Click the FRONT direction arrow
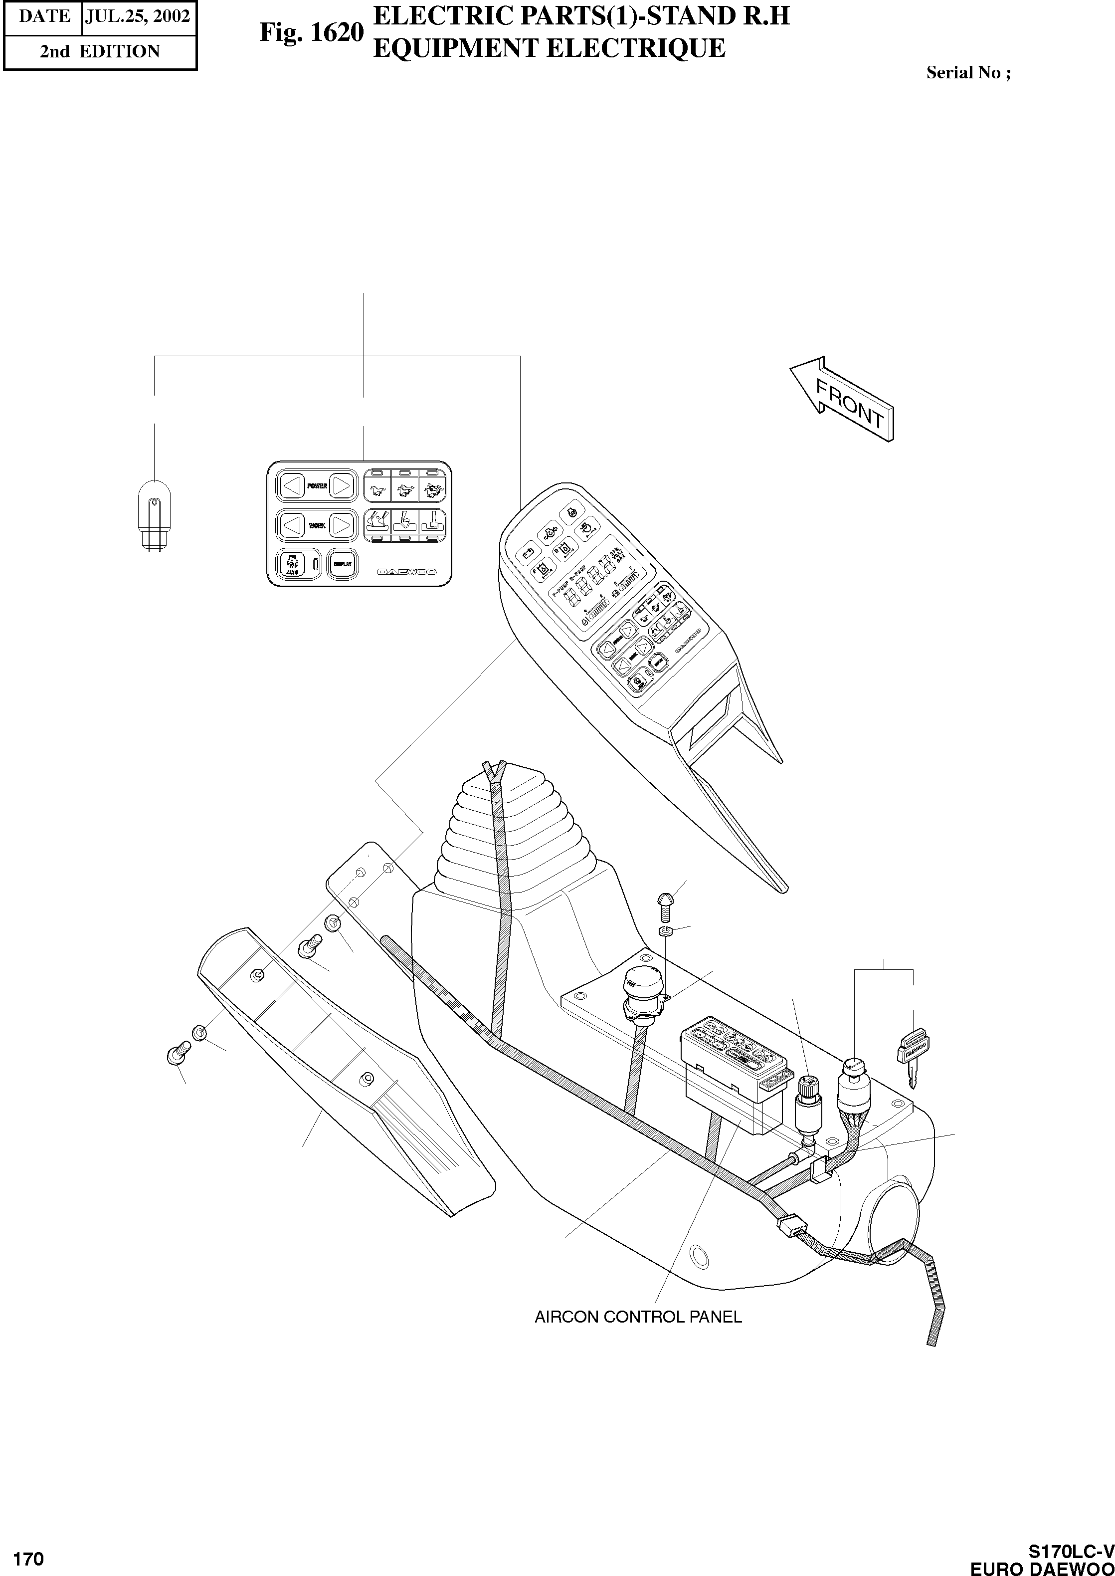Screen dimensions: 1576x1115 coord(844,399)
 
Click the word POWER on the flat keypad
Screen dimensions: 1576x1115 coord(317,486)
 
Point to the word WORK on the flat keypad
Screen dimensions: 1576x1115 coord(317,525)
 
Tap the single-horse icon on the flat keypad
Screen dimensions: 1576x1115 coord(376,489)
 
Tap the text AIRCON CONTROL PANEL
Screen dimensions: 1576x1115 coord(638,1317)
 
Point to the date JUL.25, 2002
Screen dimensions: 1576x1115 coord(137,16)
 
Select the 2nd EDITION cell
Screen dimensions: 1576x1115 coord(100,51)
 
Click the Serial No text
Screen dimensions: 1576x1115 coord(967,73)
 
